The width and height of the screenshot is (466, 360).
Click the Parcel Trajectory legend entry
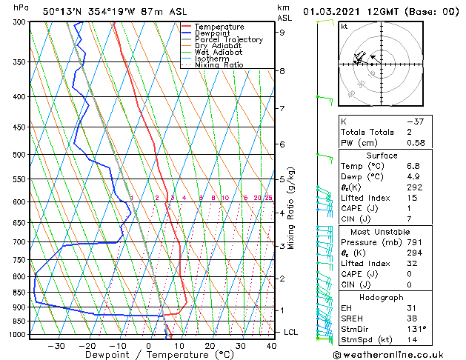click(x=228, y=39)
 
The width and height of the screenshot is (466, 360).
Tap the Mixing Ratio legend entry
click(x=219, y=64)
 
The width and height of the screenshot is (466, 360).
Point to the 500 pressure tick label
click(x=20, y=155)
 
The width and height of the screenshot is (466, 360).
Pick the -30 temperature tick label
click(x=56, y=345)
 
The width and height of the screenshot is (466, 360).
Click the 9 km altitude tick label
click(x=282, y=33)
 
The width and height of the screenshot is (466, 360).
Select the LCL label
click(x=290, y=332)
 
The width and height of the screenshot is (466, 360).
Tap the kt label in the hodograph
click(x=344, y=27)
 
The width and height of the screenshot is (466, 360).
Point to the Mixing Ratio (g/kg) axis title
click(x=291, y=208)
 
